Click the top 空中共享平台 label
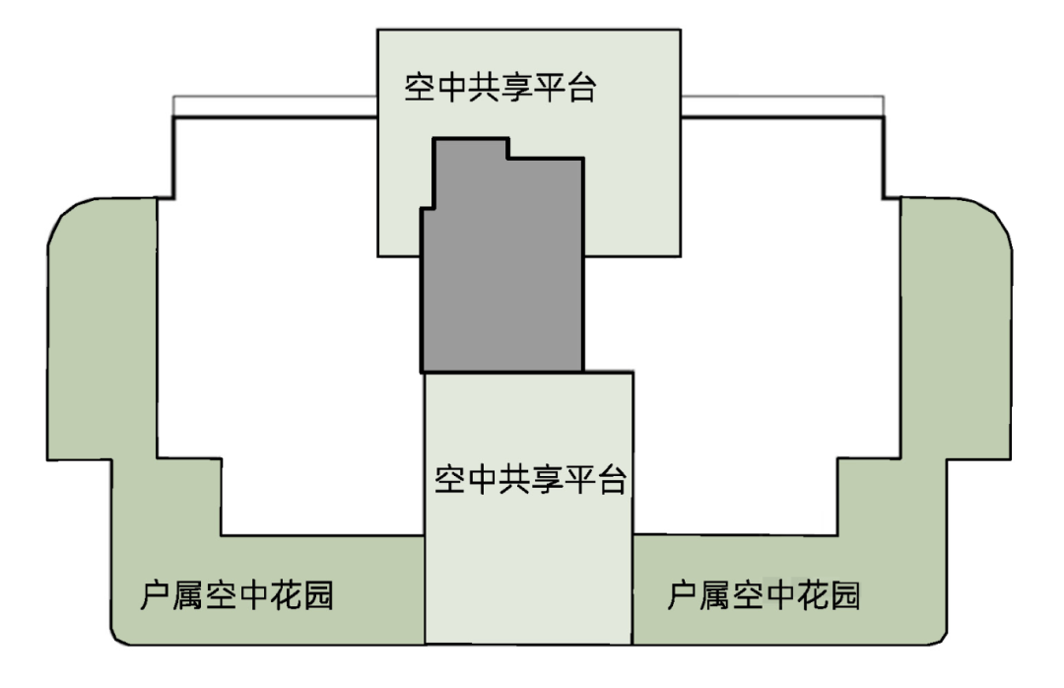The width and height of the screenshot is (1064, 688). point(501,89)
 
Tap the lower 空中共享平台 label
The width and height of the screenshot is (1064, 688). point(530,482)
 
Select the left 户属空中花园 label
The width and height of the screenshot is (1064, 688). point(236,595)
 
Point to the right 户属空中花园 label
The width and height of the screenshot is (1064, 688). point(764,595)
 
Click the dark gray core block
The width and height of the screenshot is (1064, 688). point(502,276)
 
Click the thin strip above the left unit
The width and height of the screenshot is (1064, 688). point(275,105)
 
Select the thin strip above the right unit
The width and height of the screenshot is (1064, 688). point(782,105)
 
